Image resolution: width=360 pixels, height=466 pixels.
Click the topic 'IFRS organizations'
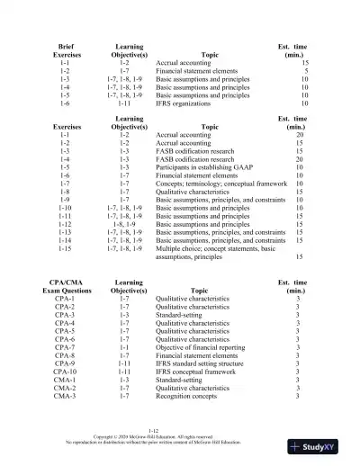pos(186,103)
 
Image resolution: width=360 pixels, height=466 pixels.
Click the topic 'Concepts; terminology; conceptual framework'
pos(225,184)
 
